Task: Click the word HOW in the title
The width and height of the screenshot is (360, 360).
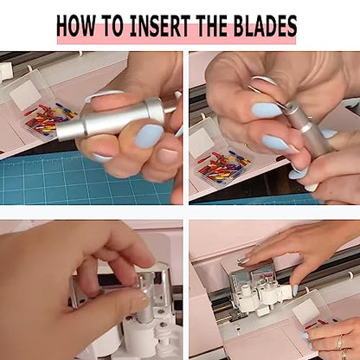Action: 75,26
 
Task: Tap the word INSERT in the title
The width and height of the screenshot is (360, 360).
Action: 160,26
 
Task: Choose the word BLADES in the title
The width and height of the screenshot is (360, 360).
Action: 266,26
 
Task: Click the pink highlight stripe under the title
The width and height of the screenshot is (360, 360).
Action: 177,40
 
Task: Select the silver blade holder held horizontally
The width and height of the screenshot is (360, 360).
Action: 115,119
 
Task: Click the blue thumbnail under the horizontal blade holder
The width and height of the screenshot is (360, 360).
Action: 149,136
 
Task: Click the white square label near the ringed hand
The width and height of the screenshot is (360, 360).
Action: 306,311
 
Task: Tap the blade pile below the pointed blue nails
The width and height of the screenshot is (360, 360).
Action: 223,166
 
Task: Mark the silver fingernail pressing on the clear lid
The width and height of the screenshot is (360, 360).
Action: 244,260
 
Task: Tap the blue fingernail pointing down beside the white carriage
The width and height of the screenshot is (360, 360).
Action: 296,290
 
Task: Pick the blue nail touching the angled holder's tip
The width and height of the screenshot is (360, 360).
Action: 267,110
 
